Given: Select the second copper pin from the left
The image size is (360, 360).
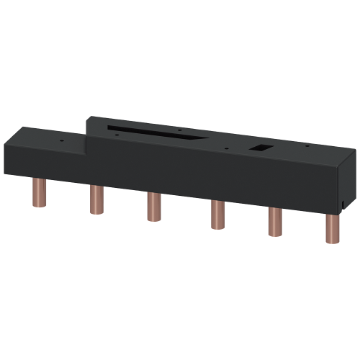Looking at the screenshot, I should tap(95, 199).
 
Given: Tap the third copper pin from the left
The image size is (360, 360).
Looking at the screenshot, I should tap(151, 206).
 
